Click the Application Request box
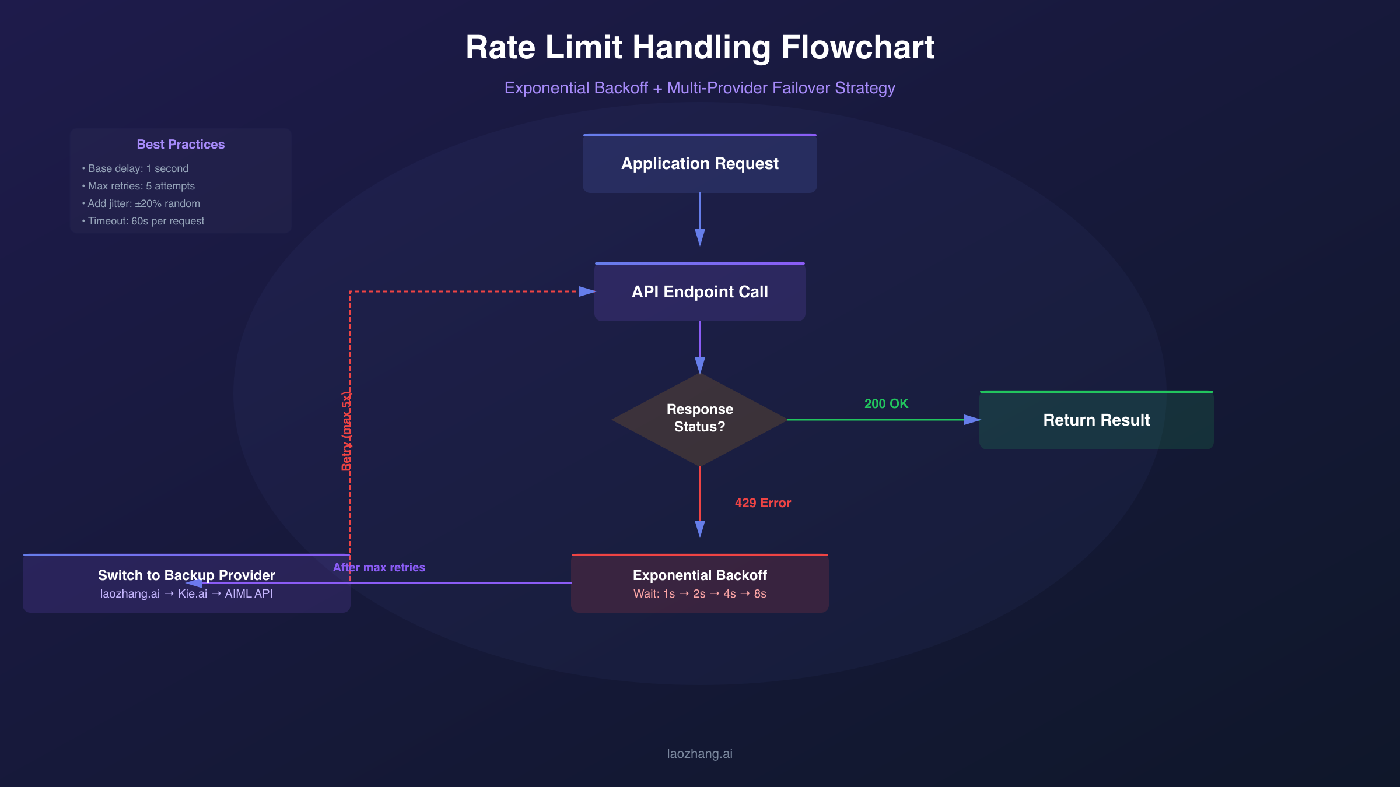point(699,164)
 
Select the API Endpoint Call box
point(699,291)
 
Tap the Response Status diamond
point(699,419)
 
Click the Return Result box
point(1096,420)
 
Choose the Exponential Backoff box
point(699,575)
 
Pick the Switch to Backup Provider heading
point(186,575)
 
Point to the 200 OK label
point(886,403)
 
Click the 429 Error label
point(762,503)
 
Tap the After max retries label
point(379,567)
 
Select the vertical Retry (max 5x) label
point(346,431)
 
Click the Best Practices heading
point(180,144)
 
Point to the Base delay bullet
point(138,168)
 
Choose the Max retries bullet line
point(141,186)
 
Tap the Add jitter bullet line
point(143,203)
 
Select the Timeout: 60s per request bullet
point(146,221)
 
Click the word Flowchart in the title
point(857,47)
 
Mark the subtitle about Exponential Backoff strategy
point(699,87)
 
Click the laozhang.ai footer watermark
point(699,753)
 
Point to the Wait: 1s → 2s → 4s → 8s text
point(699,593)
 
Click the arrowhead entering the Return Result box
point(972,420)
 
